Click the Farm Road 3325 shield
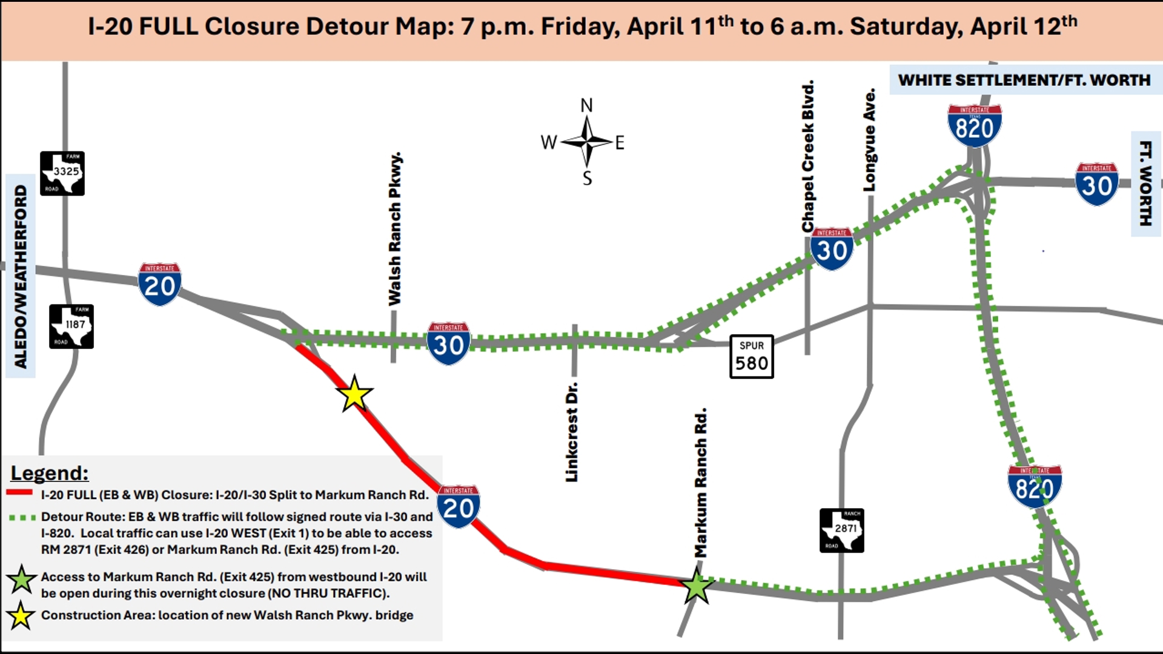(x=62, y=173)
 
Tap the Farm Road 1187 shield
(x=71, y=326)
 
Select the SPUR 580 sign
(x=751, y=357)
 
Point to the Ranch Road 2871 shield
(x=841, y=530)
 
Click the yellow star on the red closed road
(x=354, y=394)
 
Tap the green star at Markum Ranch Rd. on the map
(x=696, y=586)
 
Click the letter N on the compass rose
(x=586, y=105)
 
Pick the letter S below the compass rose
(x=587, y=178)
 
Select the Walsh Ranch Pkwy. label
(x=395, y=229)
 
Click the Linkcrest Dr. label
(x=572, y=432)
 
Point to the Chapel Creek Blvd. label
(x=807, y=156)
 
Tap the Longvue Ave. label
(x=869, y=140)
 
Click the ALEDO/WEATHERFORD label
(x=21, y=276)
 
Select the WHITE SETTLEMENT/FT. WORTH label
(x=1024, y=80)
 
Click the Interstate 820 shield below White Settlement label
(x=974, y=125)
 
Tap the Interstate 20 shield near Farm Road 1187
(x=159, y=284)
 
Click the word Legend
(x=50, y=473)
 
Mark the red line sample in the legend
(x=19, y=493)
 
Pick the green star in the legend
(x=21, y=580)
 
